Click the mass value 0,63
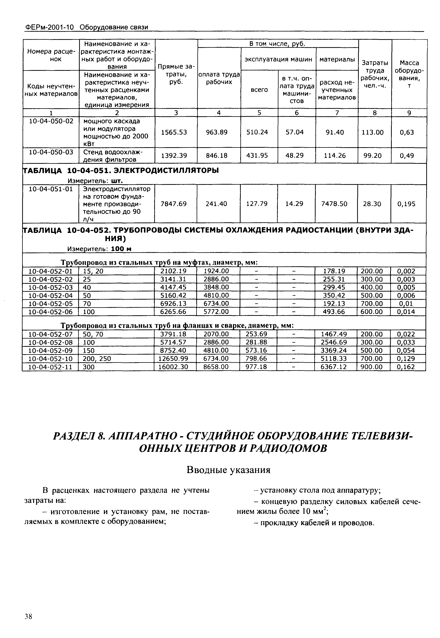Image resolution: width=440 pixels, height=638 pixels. click(x=407, y=132)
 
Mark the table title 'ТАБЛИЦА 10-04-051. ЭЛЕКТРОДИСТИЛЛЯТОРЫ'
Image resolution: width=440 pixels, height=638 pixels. click(x=120, y=170)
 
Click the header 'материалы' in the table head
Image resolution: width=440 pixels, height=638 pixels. click(x=337, y=59)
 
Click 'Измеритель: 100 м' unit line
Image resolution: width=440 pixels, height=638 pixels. click(x=99, y=249)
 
